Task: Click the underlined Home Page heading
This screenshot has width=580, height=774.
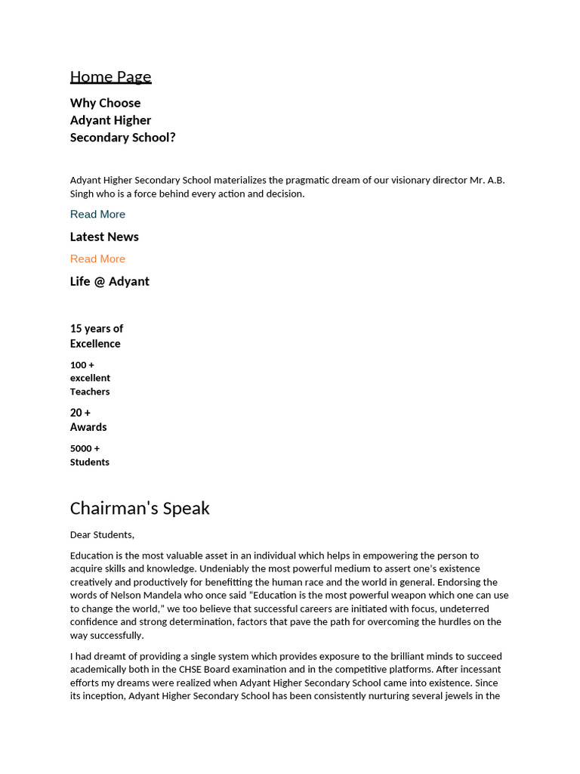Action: [x=110, y=76]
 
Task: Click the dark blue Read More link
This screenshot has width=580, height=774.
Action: [x=97, y=214]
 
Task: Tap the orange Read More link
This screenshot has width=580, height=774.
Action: [x=97, y=259]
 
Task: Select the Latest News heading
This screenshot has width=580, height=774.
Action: [x=104, y=237]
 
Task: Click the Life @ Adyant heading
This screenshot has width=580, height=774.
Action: [x=110, y=281]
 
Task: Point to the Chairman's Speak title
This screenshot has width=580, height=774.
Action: [x=140, y=508]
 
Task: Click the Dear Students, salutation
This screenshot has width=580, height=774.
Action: [x=102, y=534]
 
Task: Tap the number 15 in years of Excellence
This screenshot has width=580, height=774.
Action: [x=76, y=328]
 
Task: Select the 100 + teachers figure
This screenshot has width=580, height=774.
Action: [x=82, y=364]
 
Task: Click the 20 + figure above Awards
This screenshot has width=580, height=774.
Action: [x=80, y=412]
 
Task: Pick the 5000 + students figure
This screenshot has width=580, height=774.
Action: [x=85, y=448]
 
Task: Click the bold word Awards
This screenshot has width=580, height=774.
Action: [x=88, y=427]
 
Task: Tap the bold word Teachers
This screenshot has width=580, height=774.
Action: [x=90, y=392]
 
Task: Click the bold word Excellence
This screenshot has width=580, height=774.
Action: [x=95, y=343]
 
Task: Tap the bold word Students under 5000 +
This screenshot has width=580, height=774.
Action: [x=90, y=462]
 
